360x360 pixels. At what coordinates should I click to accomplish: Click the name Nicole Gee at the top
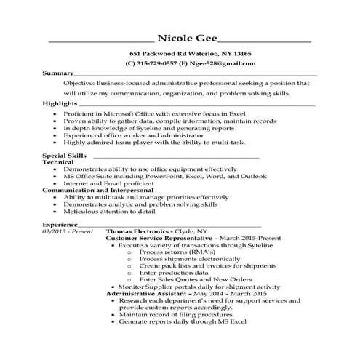[x=186, y=39]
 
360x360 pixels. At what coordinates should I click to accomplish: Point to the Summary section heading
[x=58, y=73]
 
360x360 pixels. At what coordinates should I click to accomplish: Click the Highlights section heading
[x=60, y=103]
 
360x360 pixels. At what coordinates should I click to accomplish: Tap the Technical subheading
[x=59, y=163]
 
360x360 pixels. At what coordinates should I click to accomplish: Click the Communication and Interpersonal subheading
[x=84, y=189]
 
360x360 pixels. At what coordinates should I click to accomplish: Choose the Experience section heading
[x=60, y=224]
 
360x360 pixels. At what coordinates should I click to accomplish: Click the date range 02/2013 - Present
[x=68, y=231]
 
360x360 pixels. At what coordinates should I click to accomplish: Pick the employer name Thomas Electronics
[x=140, y=231]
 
